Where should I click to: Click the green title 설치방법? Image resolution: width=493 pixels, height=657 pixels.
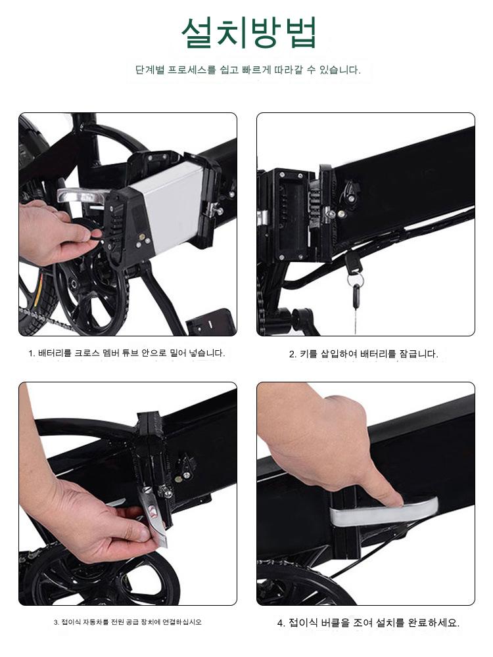click(248, 32)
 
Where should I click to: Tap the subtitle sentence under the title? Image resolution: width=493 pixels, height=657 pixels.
click(248, 70)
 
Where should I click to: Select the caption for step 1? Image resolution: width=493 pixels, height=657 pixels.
click(127, 353)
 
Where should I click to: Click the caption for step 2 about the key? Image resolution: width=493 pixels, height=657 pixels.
click(364, 353)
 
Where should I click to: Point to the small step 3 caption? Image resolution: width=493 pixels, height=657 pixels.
click(128, 622)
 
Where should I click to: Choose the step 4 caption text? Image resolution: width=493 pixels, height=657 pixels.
click(368, 622)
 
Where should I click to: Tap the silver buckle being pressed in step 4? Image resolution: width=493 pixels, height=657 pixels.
click(384, 511)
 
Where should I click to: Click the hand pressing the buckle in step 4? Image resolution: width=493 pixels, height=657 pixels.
click(331, 448)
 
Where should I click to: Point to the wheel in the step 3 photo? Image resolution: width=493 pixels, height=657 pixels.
click(101, 580)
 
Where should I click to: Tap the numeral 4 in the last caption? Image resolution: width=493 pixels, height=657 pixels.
click(280, 623)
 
